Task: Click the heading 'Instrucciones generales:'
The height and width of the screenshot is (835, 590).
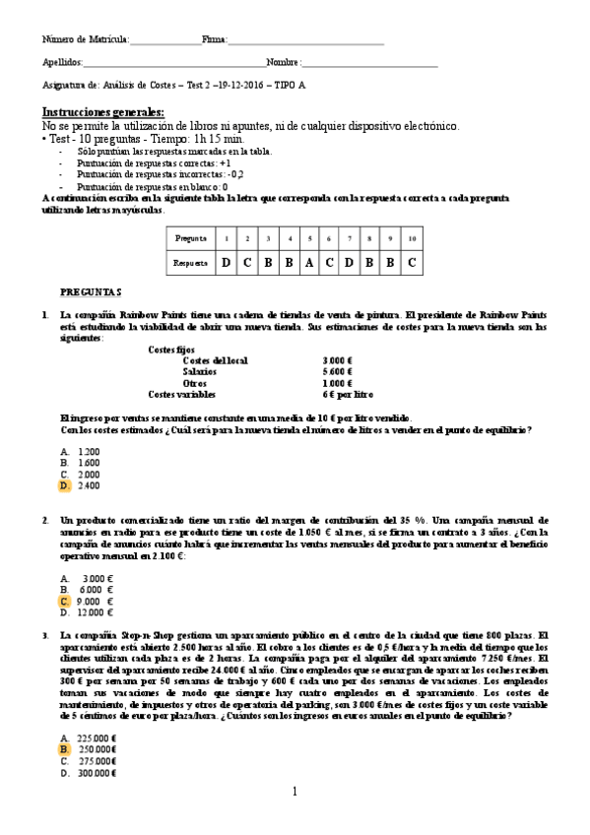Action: click(x=103, y=112)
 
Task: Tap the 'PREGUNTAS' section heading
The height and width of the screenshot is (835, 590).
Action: click(x=91, y=292)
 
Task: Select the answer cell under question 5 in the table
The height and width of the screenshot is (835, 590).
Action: click(x=311, y=262)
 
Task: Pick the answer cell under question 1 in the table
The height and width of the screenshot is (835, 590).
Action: click(x=226, y=262)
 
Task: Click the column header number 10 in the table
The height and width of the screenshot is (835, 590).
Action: click(x=411, y=238)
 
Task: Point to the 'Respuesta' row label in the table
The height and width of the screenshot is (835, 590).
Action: click(x=190, y=263)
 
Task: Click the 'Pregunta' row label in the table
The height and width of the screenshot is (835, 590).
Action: click(x=190, y=238)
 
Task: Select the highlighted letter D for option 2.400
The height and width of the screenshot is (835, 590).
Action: click(x=65, y=485)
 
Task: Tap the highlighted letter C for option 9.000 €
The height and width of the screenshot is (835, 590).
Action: click(x=65, y=601)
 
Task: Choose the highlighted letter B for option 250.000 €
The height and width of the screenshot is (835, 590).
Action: click(x=65, y=749)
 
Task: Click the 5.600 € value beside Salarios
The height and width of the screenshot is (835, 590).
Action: click(x=337, y=371)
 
